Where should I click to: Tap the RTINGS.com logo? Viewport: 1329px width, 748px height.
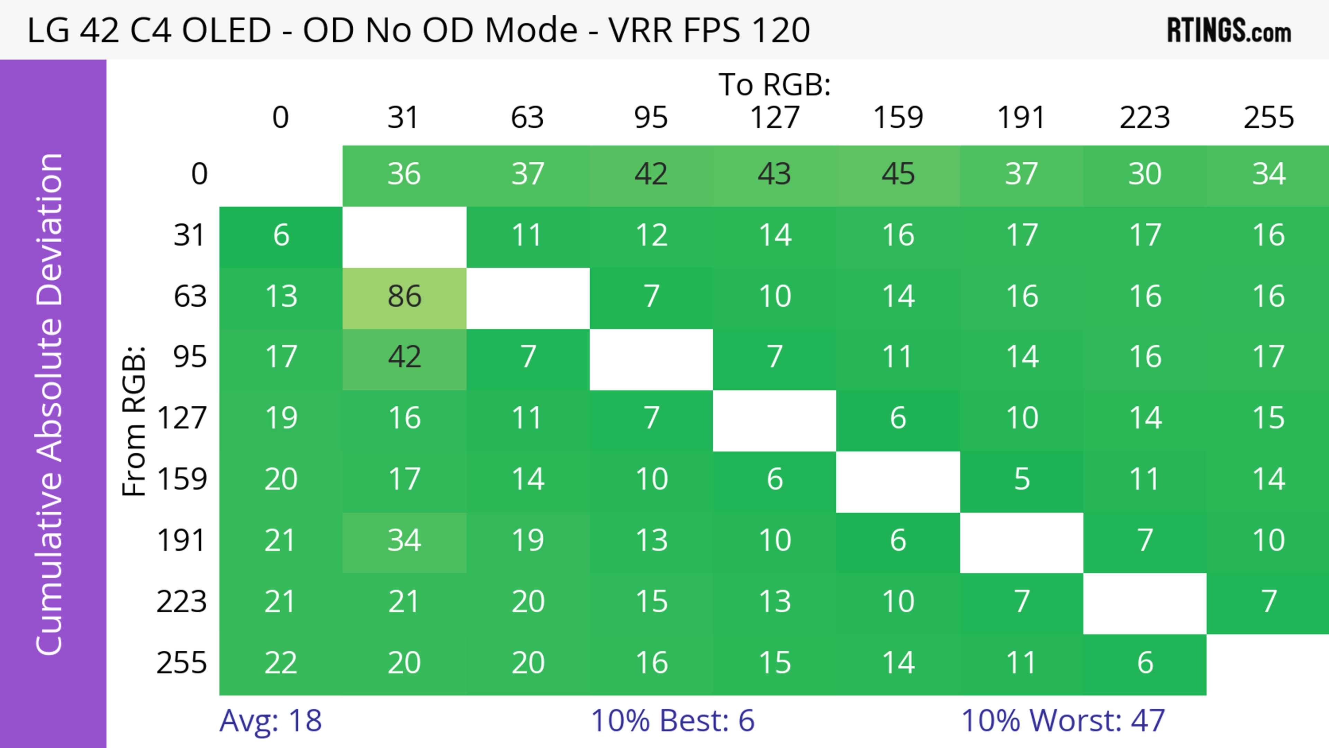[1229, 30]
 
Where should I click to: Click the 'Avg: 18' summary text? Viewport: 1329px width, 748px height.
[270, 721]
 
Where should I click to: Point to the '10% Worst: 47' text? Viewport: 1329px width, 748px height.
[1063, 721]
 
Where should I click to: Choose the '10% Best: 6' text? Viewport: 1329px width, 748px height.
[672, 721]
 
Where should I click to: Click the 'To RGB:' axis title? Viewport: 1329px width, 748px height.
[775, 84]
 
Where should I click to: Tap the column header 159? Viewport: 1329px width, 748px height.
[898, 118]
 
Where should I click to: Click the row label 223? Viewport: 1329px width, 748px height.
[182, 602]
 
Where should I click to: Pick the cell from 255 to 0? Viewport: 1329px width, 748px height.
[281, 663]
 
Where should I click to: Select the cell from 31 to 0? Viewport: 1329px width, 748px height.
[281, 236]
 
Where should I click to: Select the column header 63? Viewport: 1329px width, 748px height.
[527, 118]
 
